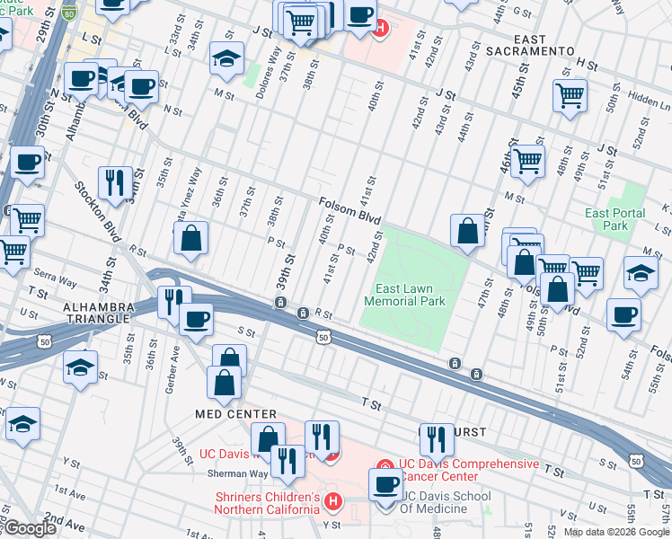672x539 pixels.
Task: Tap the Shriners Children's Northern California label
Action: [266, 503]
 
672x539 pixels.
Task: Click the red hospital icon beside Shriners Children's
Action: [332, 500]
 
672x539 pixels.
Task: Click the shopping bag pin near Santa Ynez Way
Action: [191, 239]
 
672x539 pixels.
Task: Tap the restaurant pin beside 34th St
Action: [115, 182]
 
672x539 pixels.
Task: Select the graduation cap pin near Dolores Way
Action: [226, 59]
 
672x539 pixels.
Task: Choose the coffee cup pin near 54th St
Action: [623, 315]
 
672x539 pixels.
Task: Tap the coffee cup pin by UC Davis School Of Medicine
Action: [386, 484]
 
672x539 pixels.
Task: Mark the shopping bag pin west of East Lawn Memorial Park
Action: [467, 230]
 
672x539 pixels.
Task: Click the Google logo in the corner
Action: [29, 528]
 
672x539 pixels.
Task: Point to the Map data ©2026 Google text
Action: [615, 532]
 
